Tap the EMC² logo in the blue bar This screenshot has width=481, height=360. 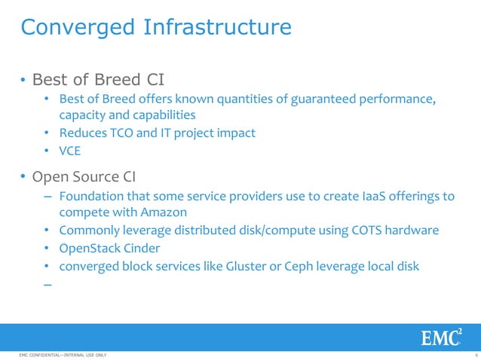tap(442, 337)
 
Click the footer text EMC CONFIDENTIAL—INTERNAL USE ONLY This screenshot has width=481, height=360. tap(53, 355)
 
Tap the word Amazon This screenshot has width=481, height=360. tap(162, 212)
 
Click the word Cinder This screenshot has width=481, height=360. tap(142, 248)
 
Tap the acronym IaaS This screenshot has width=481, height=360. tap(374, 196)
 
